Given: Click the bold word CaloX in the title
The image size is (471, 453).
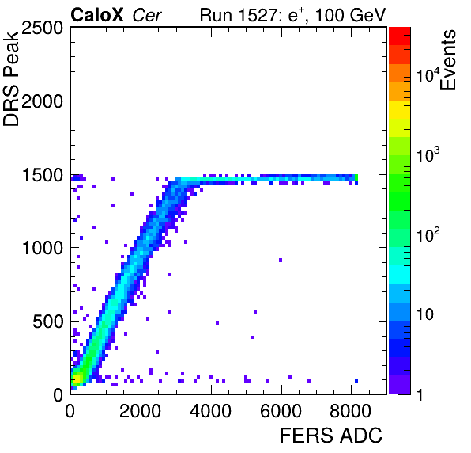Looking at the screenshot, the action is coord(96,15).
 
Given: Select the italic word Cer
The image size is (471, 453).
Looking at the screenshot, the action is coord(147,15).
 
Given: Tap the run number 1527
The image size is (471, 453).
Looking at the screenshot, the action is coord(259,15).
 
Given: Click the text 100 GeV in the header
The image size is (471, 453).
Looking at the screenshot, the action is coord(350,15).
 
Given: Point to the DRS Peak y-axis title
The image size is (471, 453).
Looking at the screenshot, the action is coord(11,78).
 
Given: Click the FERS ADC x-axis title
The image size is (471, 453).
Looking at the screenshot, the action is coord(330,436).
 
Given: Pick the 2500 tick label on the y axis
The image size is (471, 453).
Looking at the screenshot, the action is coord(42,29).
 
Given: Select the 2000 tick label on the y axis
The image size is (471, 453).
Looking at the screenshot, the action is coord(42,101).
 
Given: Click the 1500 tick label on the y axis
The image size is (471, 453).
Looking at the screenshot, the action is coord(43,175).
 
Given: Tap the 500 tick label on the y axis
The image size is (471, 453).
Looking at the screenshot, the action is coord(47,322).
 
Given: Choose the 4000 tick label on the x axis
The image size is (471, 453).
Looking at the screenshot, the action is coord(210,411).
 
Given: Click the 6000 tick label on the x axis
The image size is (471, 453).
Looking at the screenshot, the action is coord(281,411).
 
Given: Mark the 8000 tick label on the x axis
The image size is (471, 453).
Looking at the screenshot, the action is coord(351,411).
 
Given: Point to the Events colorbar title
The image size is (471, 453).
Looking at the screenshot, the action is coord(447,60).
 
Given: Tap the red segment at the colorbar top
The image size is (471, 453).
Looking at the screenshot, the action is coord(400,36).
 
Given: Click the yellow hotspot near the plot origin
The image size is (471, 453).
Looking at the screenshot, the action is coord(77,378).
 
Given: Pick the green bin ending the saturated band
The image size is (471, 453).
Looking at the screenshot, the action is coord(356,178).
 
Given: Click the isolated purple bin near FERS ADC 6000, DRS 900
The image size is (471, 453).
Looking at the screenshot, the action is coord(281,260).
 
